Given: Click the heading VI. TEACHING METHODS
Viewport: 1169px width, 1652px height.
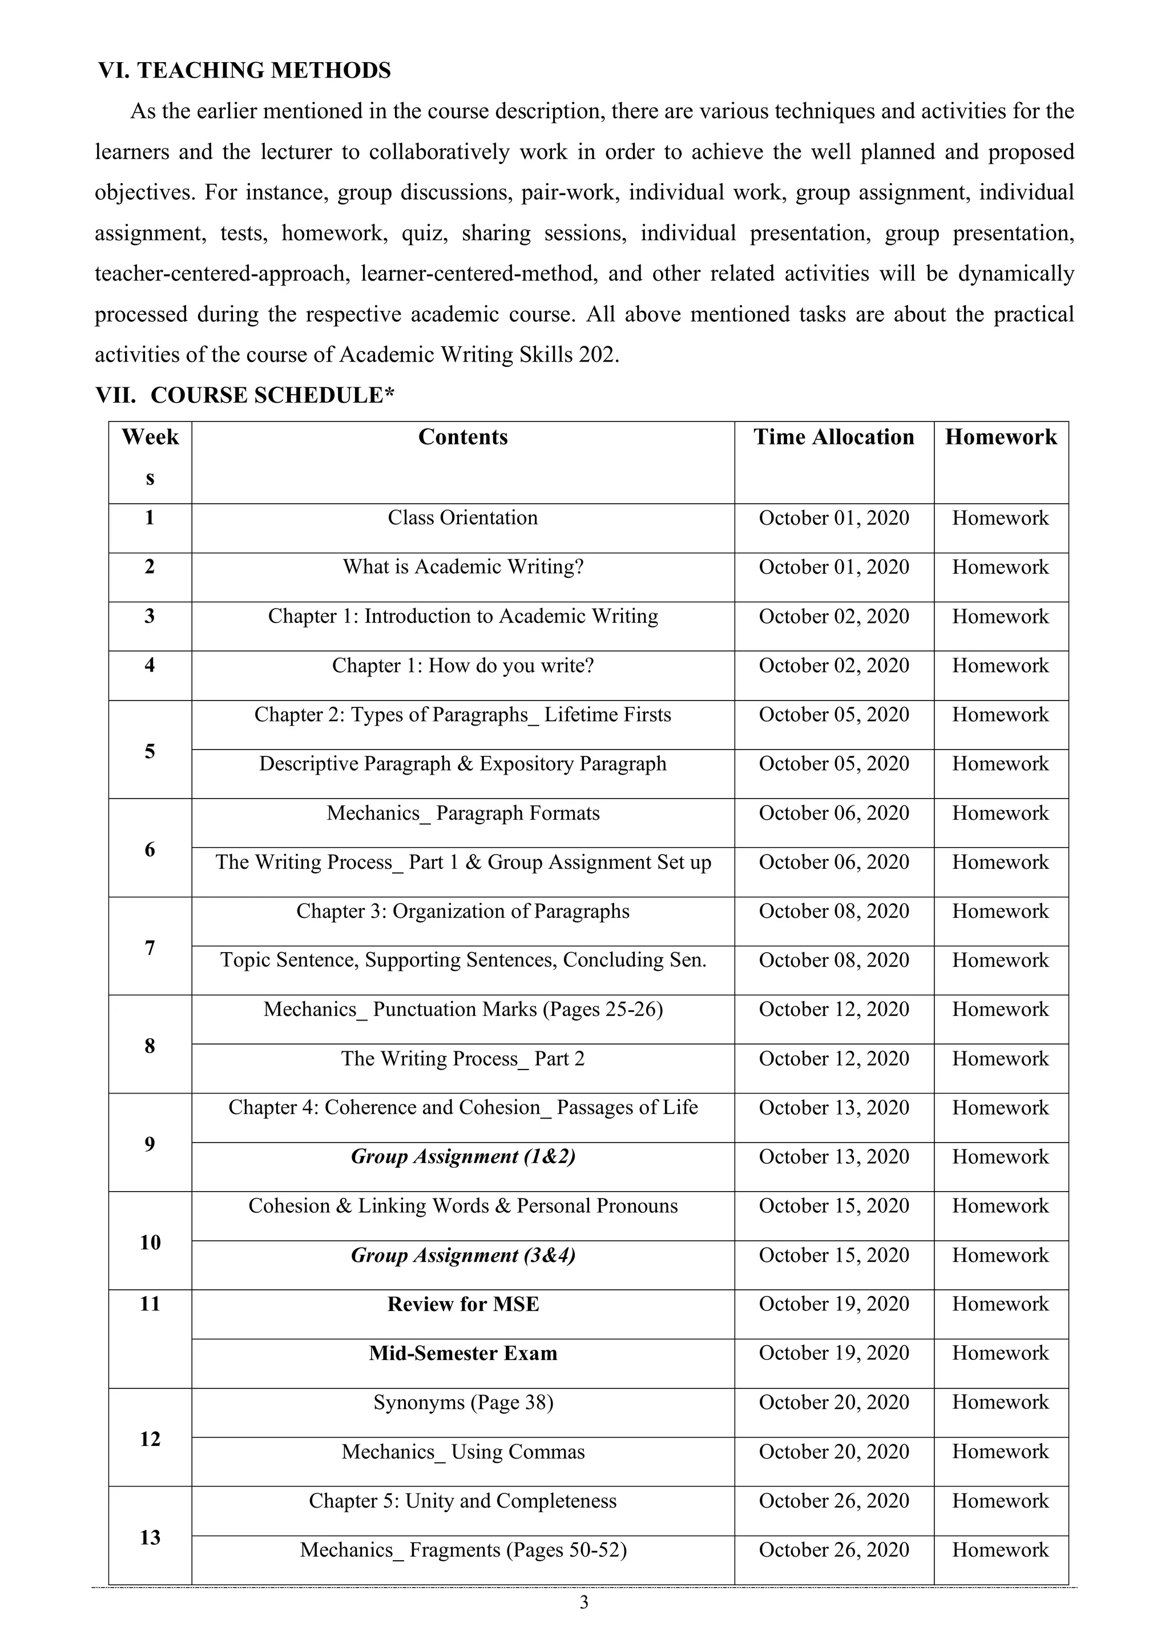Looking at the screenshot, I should pyautogui.click(x=245, y=71).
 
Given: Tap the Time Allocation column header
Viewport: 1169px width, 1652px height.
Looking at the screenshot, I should pyautogui.click(x=833, y=438).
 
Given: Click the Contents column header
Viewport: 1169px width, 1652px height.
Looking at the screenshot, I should pyautogui.click(x=463, y=438).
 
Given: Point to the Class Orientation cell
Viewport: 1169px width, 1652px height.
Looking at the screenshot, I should pyautogui.click(x=463, y=518).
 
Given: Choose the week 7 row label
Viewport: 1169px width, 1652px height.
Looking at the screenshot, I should pyautogui.click(x=150, y=948).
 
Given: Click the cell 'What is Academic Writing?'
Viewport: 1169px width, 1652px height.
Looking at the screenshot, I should pyautogui.click(x=463, y=567).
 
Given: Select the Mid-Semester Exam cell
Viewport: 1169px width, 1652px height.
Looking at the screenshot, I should pyautogui.click(x=463, y=1354).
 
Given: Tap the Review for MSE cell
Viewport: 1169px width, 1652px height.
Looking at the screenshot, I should pyautogui.click(x=463, y=1305).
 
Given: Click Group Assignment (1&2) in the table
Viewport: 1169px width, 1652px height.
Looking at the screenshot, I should pyautogui.click(x=463, y=1157).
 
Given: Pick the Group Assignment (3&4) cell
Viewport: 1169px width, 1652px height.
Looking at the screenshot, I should pyautogui.click(x=463, y=1256).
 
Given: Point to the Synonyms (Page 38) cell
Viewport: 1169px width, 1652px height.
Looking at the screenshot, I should pyautogui.click(x=463, y=1402).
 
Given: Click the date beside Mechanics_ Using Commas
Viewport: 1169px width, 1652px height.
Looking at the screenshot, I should pyautogui.click(x=833, y=1452).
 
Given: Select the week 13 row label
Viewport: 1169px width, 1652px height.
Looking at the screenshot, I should pyautogui.click(x=150, y=1537).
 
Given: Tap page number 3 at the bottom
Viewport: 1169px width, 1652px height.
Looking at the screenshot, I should pyautogui.click(x=584, y=1602).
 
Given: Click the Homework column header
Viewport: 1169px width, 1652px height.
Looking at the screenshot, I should pyautogui.click(x=1001, y=438).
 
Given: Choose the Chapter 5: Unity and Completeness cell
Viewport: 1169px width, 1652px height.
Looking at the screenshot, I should pyautogui.click(x=463, y=1501).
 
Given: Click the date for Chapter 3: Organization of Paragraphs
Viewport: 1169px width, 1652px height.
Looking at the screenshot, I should pyautogui.click(x=833, y=912).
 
